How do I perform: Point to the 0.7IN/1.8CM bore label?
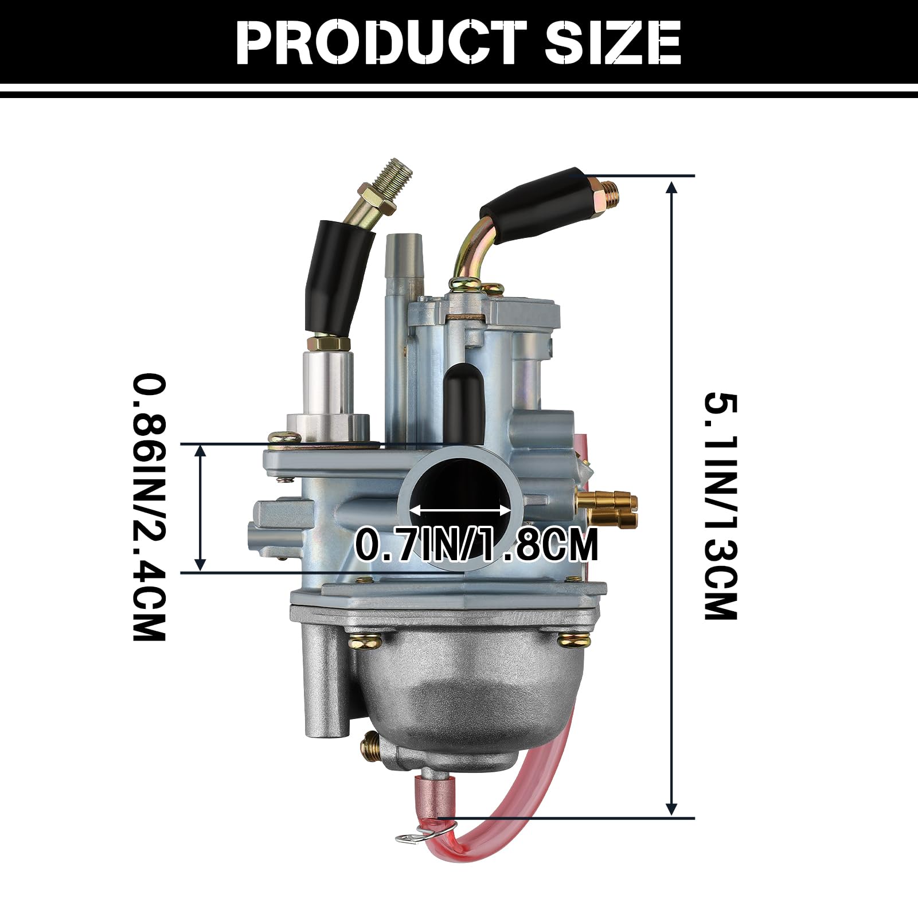click(476, 544)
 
